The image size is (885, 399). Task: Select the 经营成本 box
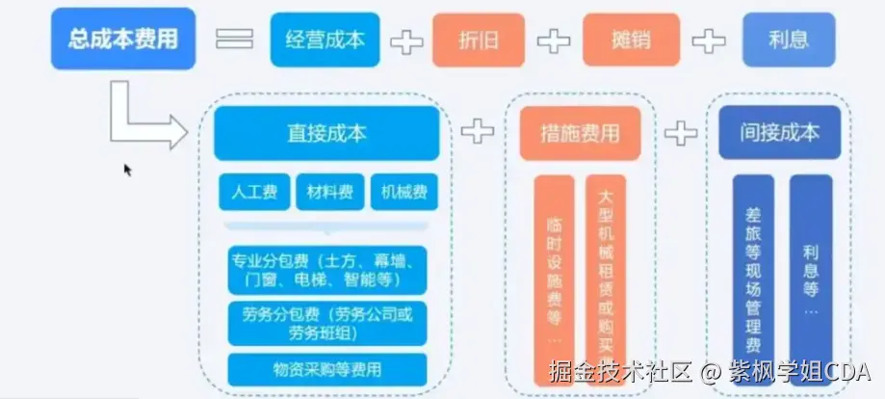click(325, 40)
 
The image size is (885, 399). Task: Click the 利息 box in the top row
click(789, 40)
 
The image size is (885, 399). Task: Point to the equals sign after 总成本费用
click(234, 40)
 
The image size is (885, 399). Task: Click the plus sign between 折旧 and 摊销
click(554, 40)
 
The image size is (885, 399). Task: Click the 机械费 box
click(403, 192)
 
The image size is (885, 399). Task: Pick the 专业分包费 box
click(326, 270)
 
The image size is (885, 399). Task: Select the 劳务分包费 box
click(326, 323)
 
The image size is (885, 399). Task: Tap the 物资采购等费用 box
click(326, 369)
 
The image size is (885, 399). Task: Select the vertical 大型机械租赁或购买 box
click(605, 271)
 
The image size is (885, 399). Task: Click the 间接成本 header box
click(780, 133)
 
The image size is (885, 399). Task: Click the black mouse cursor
click(127, 169)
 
